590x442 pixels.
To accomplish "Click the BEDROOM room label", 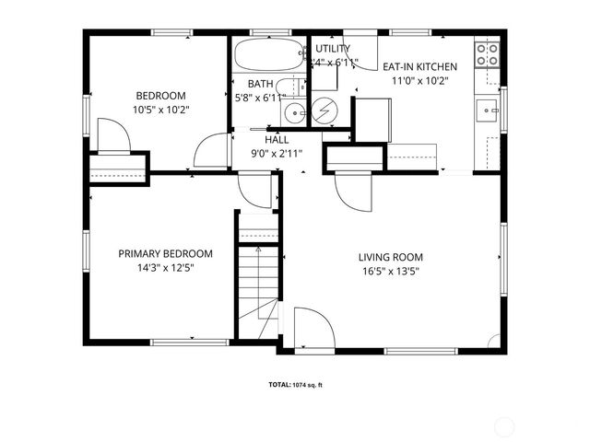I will (161, 96).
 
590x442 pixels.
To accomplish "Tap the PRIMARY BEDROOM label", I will (166, 254).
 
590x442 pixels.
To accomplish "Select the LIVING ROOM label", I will (391, 257).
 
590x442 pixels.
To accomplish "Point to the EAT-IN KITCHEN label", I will (409, 66).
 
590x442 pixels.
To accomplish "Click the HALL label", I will (277, 139).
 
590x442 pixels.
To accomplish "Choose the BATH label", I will (260, 83).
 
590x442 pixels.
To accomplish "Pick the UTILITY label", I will (333, 49).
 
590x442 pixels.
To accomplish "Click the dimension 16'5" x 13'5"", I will (391, 271).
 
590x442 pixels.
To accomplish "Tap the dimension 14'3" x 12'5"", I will (166, 268).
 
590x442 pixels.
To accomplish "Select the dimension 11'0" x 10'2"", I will (409, 80).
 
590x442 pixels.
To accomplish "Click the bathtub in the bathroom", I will (267, 56).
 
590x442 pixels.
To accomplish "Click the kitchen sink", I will (487, 110).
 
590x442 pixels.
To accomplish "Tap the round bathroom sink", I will (293, 113).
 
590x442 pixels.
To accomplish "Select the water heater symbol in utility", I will (324, 111).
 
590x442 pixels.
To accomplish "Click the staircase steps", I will (257, 276).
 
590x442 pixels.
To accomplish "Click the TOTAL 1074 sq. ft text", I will (295, 385).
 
